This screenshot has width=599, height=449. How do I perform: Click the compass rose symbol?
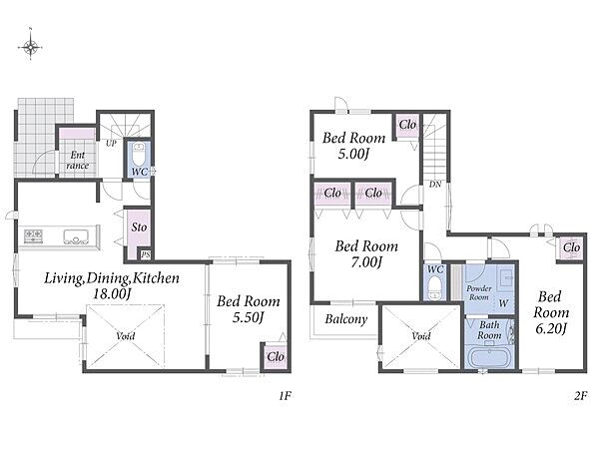pos(30,47)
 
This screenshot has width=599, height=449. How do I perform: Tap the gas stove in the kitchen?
pos(33,235)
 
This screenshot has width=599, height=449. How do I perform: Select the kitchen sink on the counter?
pos(76,236)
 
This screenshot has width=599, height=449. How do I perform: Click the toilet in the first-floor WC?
pos(139,154)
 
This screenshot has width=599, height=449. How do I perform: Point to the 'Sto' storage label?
pos(139,227)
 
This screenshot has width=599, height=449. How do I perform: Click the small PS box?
pos(146,254)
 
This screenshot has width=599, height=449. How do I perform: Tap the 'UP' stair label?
pos(111,144)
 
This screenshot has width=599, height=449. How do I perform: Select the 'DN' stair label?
pos(435,185)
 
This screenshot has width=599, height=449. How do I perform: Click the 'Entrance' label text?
pos(77,160)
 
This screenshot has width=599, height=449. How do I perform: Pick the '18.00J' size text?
pos(112,293)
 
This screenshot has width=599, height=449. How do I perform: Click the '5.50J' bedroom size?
pos(249,317)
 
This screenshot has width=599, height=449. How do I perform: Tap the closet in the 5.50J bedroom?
pos(276,356)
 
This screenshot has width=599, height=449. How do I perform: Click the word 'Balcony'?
pos(346,319)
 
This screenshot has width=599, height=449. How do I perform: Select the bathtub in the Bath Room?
pos(490,358)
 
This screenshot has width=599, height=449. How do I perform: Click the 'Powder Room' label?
pos(479,292)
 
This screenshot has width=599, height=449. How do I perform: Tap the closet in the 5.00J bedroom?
pos(407,126)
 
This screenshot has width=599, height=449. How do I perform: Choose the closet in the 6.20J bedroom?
pos(571,248)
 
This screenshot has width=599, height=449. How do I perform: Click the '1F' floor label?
pos(285,396)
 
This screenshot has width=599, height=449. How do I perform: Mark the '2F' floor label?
pos(580,396)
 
